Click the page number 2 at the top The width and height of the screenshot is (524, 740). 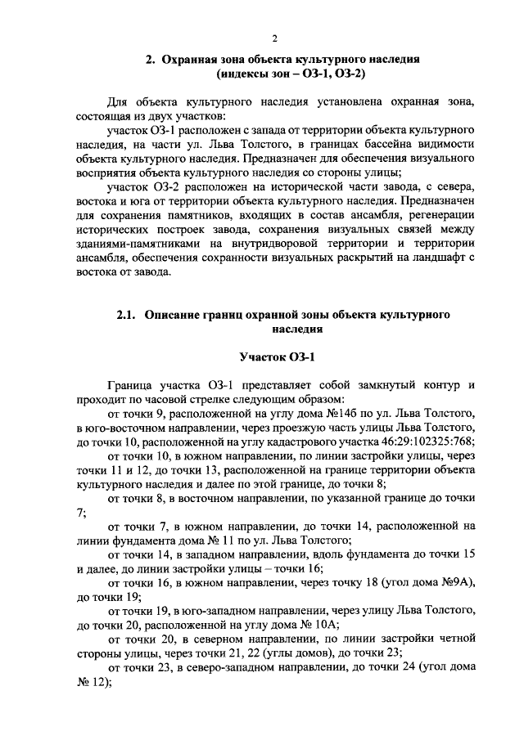pyautogui.click(x=276, y=38)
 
